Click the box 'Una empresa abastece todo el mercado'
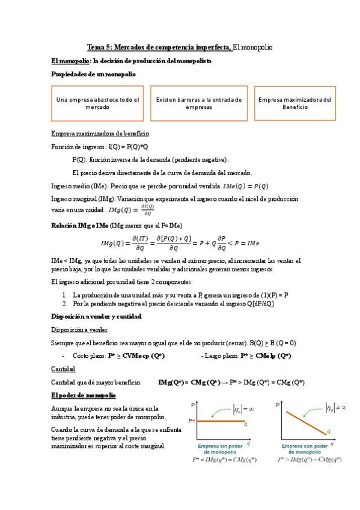tap(97, 103)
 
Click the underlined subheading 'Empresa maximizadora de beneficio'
tap(100, 134)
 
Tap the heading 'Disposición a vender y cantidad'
tap(96, 316)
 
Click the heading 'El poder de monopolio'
tap(84, 395)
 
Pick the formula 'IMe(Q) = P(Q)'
tap(246, 186)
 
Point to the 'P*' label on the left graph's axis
tap(192, 422)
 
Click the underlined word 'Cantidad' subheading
tap(64, 369)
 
